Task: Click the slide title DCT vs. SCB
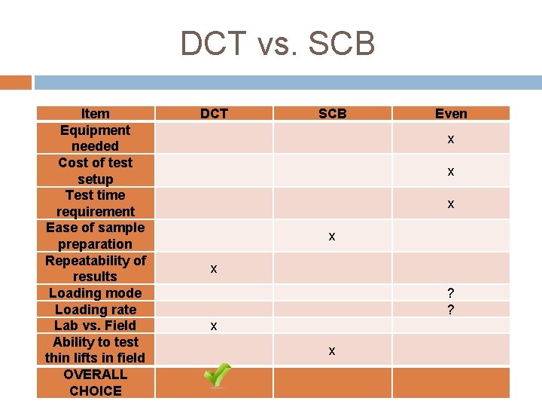[x=277, y=44]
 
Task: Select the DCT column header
[x=214, y=114]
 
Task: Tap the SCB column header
[x=332, y=114]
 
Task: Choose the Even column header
[x=451, y=114]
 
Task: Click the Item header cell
[x=96, y=114]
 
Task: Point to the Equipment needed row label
[x=96, y=138]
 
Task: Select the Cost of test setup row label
[x=96, y=170]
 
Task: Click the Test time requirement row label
[x=96, y=203]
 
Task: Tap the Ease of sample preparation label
[x=96, y=235]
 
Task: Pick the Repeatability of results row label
[x=96, y=268]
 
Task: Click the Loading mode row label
[x=96, y=292]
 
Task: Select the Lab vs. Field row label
[x=96, y=325]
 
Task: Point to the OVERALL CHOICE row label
[x=96, y=382]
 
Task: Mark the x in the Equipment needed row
[x=451, y=139]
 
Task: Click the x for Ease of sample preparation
[x=332, y=237]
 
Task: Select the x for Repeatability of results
[x=214, y=269]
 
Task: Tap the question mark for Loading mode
[x=451, y=293]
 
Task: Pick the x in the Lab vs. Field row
[x=214, y=326]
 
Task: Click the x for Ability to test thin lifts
[x=332, y=351]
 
